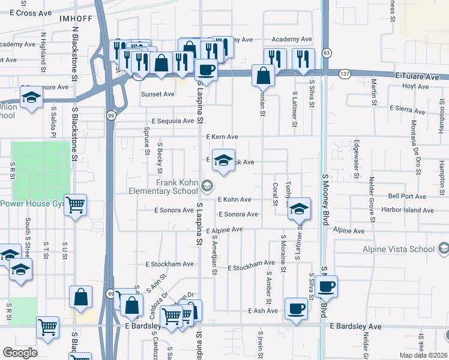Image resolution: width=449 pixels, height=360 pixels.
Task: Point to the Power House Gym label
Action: (32, 203)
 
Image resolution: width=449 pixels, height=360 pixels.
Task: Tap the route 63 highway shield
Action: (326, 52)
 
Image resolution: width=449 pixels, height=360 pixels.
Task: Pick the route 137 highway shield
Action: (344, 74)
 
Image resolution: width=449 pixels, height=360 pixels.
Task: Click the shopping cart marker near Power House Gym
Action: (76, 205)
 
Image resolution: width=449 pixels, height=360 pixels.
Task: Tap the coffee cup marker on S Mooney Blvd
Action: (327, 287)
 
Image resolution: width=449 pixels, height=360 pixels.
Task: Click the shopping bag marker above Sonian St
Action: (263, 76)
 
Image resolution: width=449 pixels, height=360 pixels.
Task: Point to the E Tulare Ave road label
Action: (417, 77)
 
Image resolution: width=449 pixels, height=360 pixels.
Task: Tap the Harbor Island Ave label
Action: (411, 211)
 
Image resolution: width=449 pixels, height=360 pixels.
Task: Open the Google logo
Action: (20, 352)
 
